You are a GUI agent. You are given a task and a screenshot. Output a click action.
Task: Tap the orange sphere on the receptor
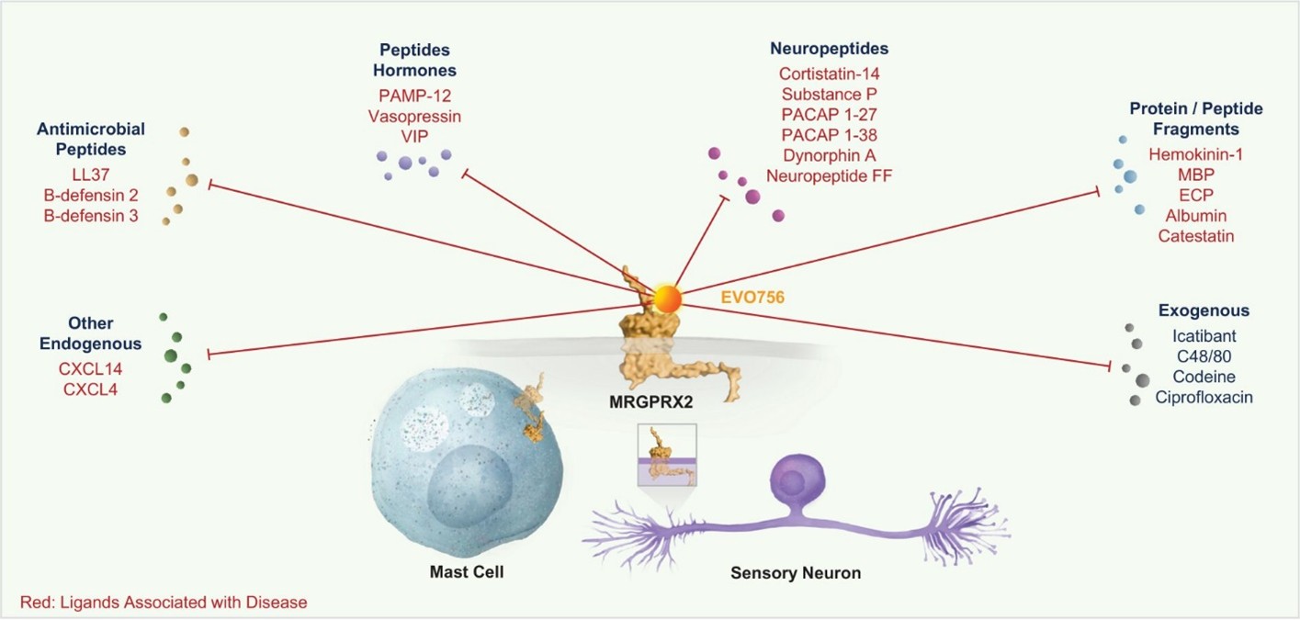667,299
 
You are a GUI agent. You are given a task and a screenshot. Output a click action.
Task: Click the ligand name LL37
90,174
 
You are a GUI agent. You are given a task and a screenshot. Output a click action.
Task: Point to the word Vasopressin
414,117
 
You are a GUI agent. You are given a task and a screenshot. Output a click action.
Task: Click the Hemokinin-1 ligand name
1195,155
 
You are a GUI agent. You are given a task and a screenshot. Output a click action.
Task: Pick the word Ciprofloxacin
1204,398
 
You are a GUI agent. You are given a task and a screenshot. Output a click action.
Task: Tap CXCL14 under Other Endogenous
93,369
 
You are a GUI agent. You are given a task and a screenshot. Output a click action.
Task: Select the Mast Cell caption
467,572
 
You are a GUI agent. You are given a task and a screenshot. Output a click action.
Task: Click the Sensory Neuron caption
796,573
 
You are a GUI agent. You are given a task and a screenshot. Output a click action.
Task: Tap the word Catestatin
1195,236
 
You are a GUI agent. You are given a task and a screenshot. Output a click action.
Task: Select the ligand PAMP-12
414,96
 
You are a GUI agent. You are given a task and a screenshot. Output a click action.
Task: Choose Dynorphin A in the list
829,154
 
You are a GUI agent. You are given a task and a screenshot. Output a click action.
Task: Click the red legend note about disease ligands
164,603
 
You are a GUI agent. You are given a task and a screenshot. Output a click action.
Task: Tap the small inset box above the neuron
667,455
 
